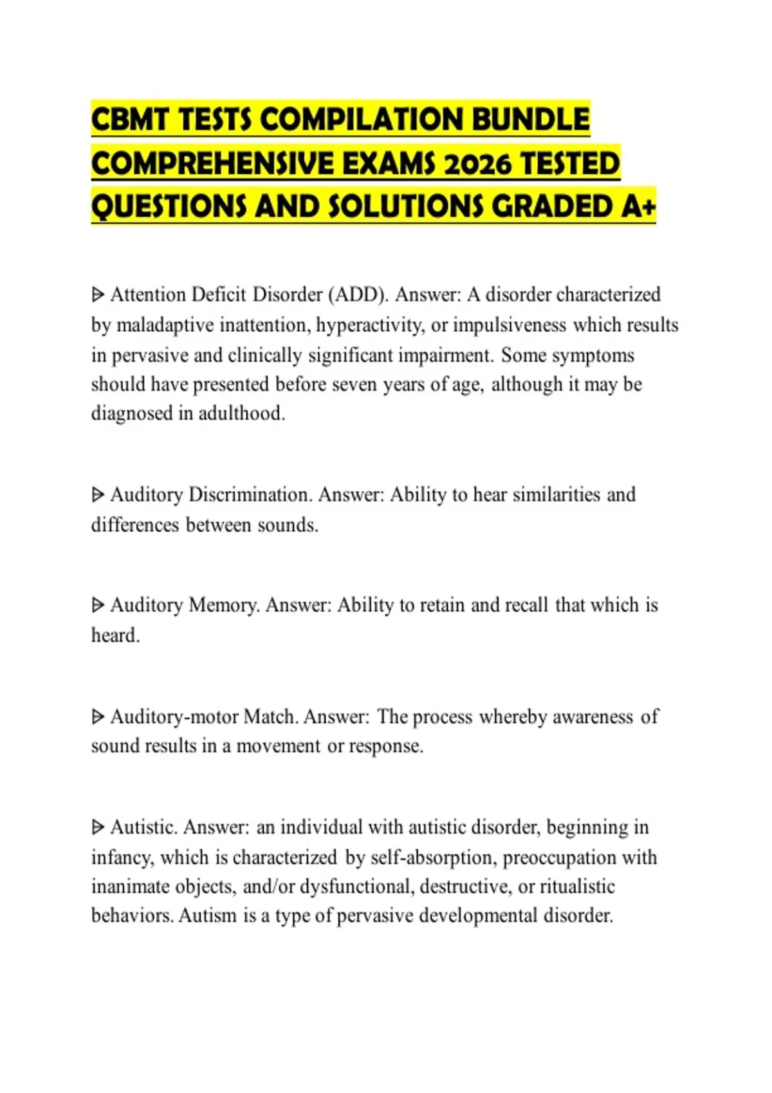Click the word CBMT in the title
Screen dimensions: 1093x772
click(130, 120)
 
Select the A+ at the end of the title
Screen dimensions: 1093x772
click(639, 207)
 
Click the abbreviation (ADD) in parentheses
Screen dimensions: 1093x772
click(358, 294)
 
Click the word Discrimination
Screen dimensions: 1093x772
click(250, 494)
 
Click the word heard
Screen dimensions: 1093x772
click(115, 635)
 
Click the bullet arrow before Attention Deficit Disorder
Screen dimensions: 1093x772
click(98, 295)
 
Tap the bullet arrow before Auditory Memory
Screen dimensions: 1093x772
click(98, 606)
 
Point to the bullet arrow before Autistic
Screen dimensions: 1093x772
click(98, 827)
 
